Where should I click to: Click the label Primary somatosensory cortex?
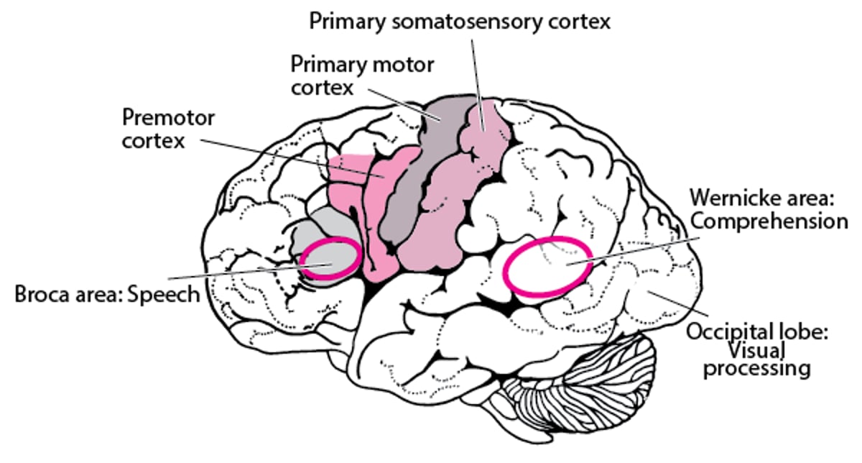tap(460, 20)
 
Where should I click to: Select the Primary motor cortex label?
tap(362, 75)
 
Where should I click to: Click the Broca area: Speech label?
tap(107, 295)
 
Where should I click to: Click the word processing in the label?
tap(757, 370)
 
